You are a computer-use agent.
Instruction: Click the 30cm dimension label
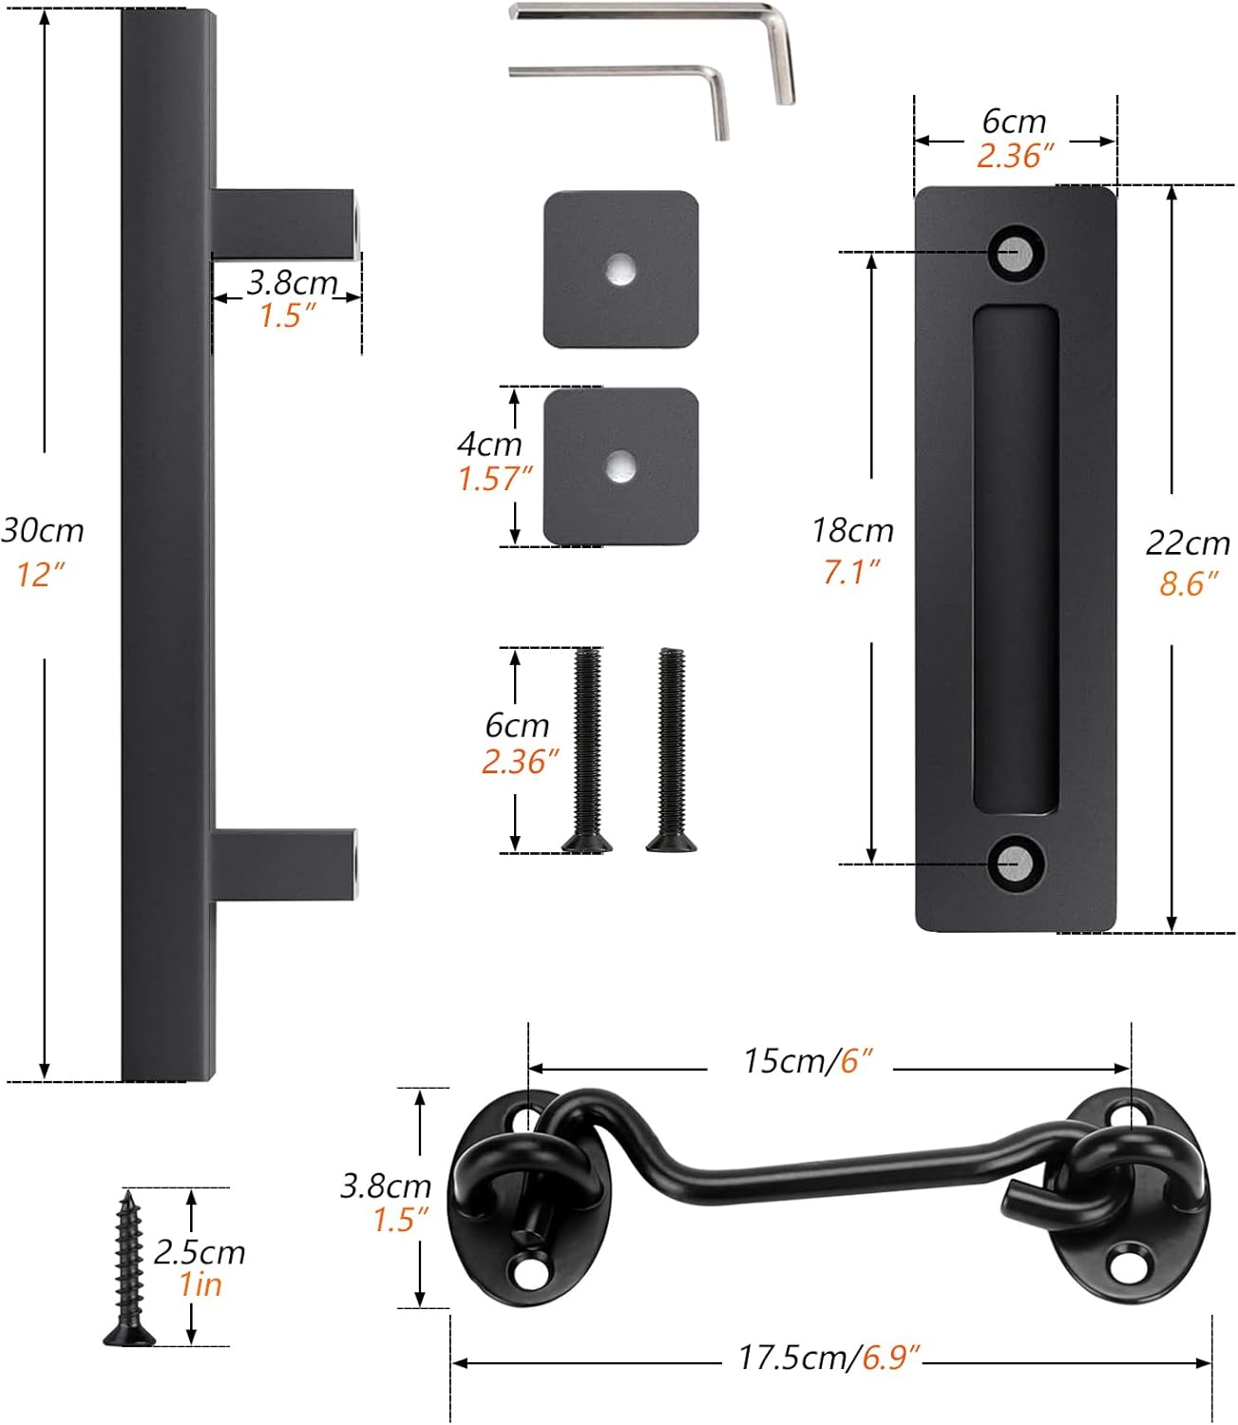coord(43,530)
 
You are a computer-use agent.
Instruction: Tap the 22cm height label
coord(1188,543)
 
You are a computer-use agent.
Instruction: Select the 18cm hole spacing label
coord(852,530)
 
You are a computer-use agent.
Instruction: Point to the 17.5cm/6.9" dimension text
coord(829,1358)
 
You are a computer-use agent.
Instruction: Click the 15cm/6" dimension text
coord(808,1060)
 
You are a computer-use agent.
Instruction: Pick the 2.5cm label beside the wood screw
coord(200,1252)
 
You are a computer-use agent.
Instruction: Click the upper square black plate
coord(620,269)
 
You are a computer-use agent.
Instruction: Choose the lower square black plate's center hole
coord(621,465)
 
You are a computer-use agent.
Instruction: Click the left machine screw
coord(587,750)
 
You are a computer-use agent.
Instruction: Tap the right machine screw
coord(672,750)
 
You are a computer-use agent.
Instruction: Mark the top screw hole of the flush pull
coord(1015,253)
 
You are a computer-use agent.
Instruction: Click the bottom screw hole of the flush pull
coord(1015,864)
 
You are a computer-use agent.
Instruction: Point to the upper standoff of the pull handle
coord(283,223)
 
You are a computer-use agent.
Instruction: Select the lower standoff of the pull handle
coord(283,863)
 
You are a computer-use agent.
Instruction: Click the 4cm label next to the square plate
coord(489,444)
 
